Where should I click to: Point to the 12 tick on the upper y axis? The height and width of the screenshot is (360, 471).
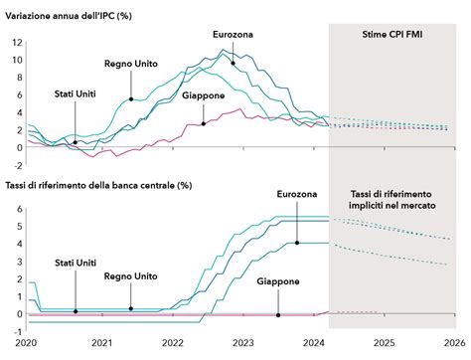(x=17, y=42)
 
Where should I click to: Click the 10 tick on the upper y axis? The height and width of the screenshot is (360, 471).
(x=17, y=60)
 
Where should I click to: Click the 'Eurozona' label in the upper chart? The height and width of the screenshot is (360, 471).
(x=233, y=35)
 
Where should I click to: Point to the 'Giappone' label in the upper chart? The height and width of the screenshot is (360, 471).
(x=203, y=95)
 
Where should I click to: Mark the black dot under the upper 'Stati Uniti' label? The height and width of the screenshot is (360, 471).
(x=76, y=142)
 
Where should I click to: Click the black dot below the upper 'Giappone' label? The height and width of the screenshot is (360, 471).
(x=203, y=123)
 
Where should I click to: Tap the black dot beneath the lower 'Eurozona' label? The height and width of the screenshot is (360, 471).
(x=295, y=242)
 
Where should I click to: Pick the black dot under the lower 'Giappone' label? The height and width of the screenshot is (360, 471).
(x=278, y=314)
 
